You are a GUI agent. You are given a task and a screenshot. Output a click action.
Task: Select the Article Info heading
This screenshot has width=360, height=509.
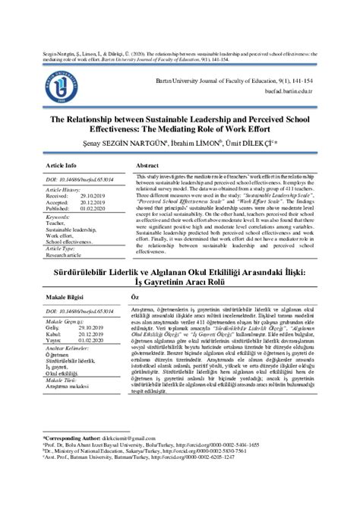(x=61, y=165)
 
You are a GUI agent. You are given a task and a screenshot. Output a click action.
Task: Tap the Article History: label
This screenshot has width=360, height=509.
(x=62, y=191)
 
